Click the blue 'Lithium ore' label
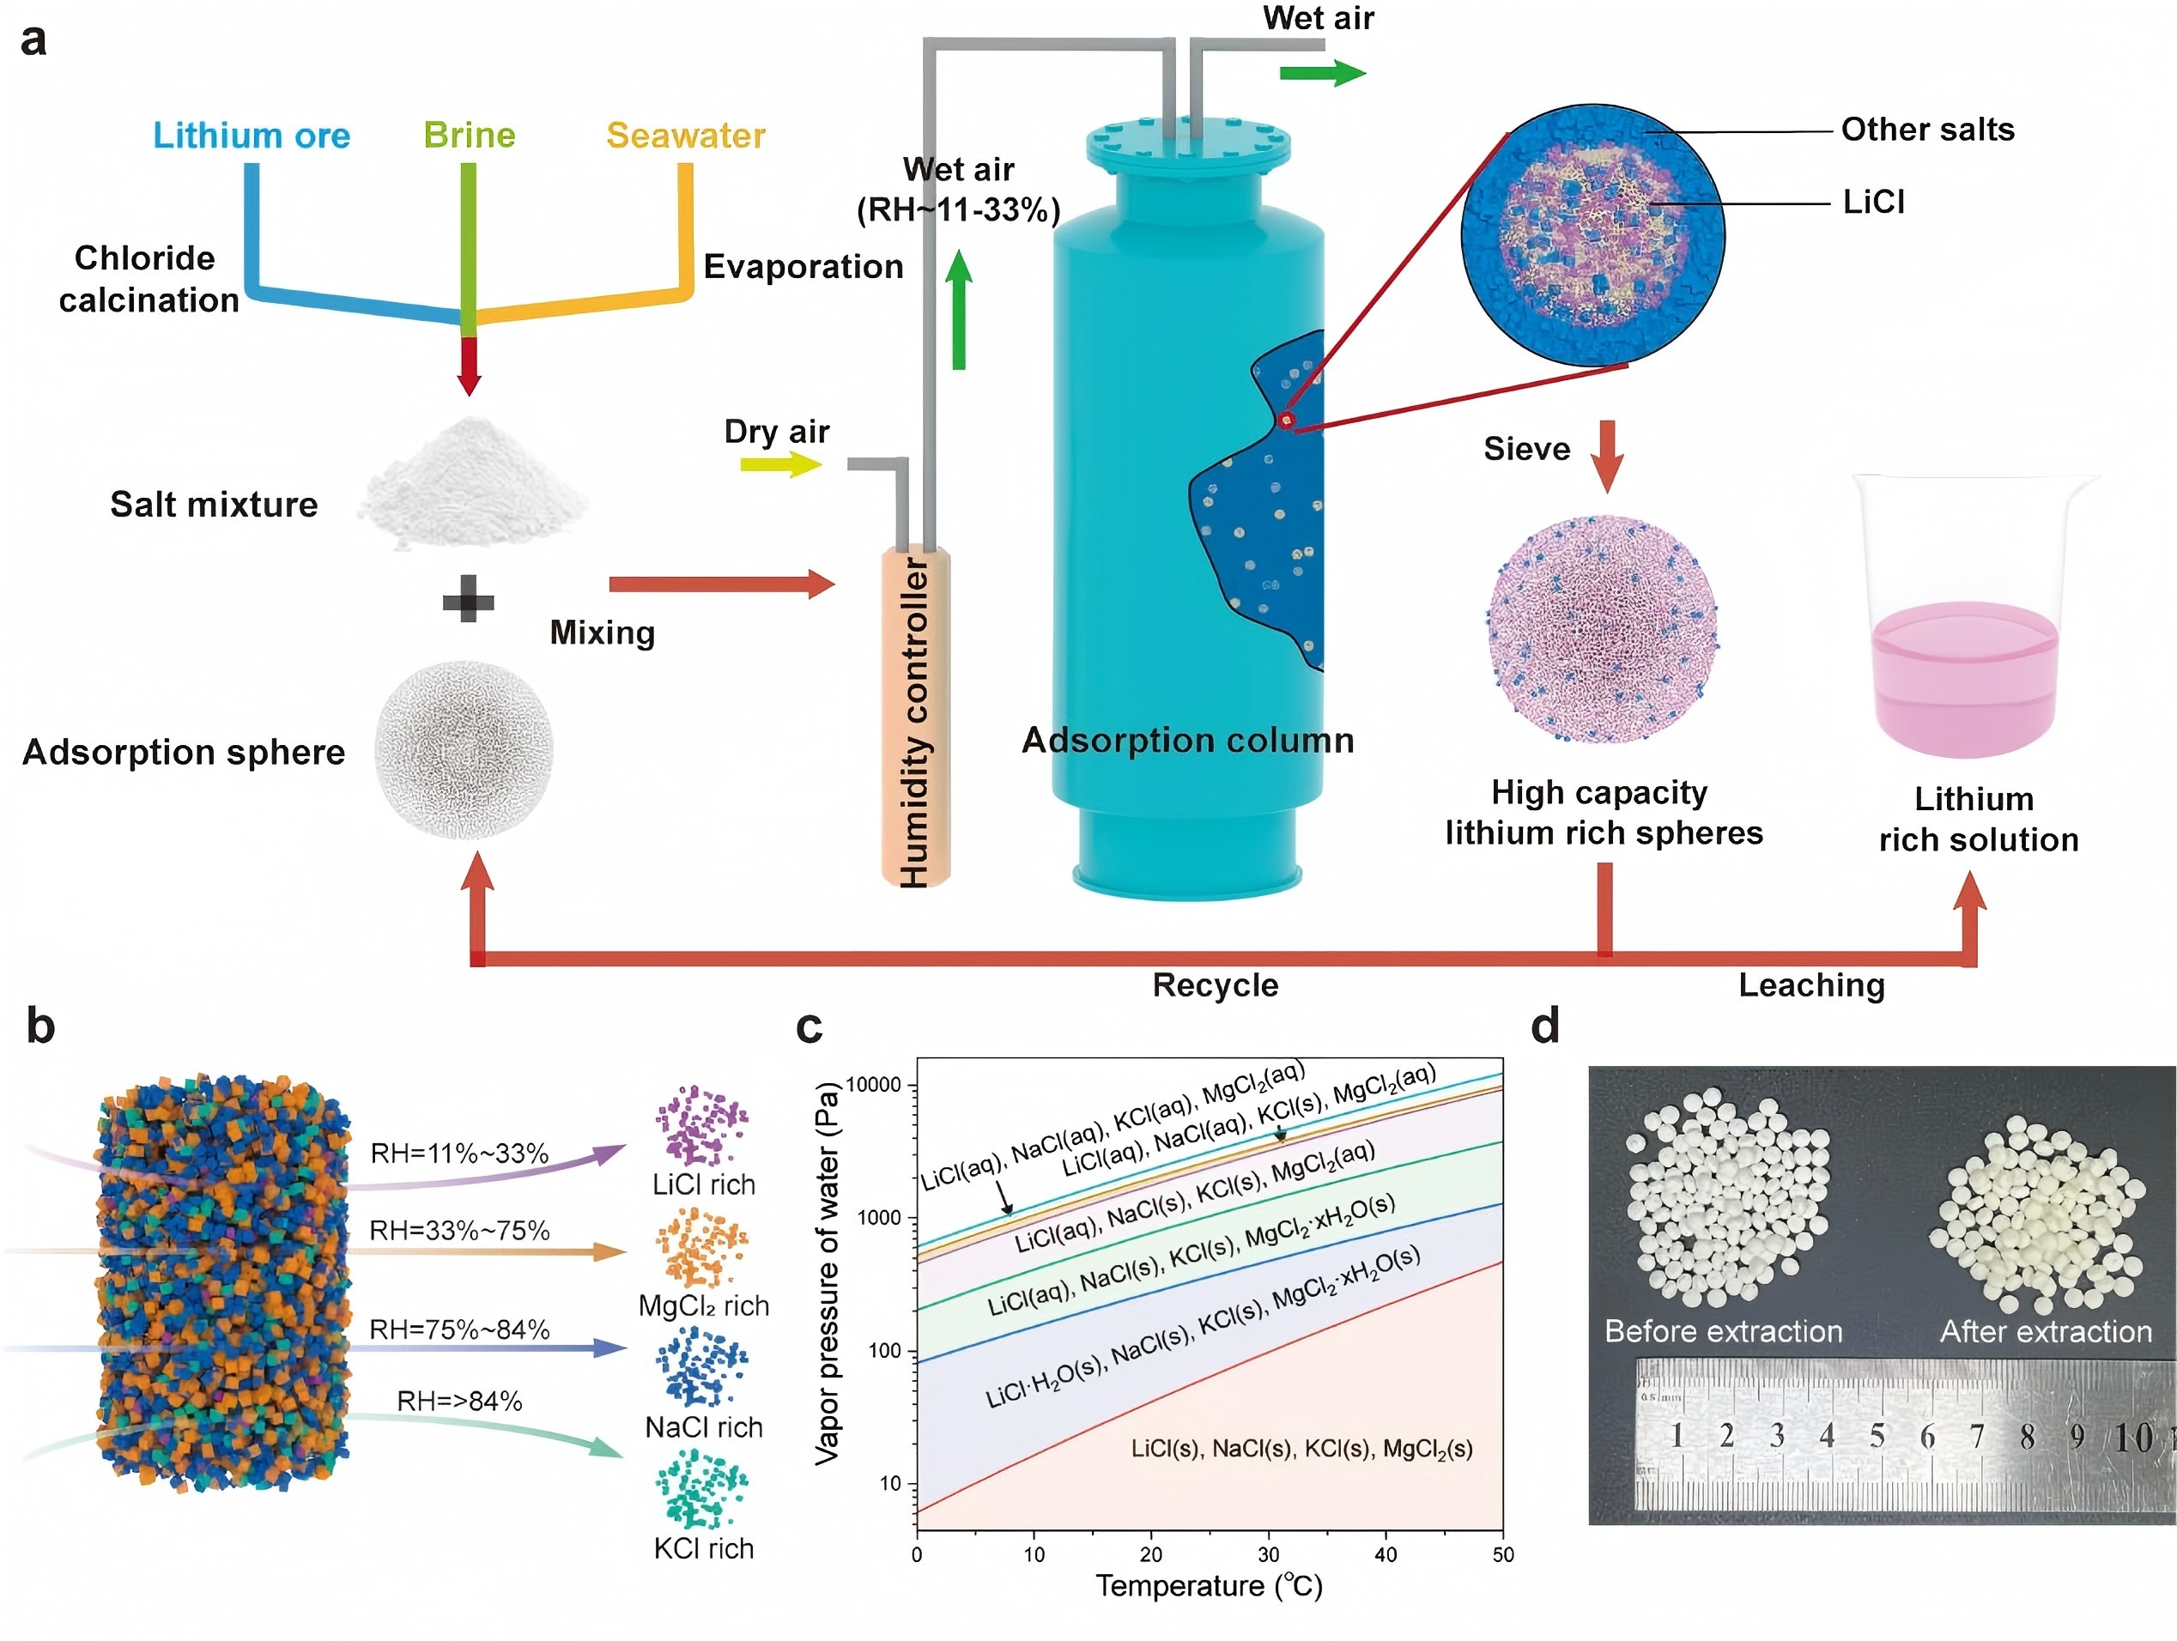[x=251, y=135]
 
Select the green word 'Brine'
[x=470, y=135]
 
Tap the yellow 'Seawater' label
[x=685, y=135]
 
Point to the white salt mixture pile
[x=473, y=483]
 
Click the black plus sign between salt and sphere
[x=469, y=598]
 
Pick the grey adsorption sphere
[x=464, y=749]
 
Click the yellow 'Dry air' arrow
[x=780, y=463]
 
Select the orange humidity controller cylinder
[x=915, y=718]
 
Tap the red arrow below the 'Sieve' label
[x=1606, y=455]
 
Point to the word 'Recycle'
[x=1216, y=984]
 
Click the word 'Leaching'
[x=1811, y=984]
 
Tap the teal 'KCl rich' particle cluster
[x=701, y=1491]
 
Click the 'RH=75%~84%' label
[x=458, y=1329]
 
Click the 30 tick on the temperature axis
[x=1269, y=1555]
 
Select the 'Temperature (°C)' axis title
[x=1209, y=1587]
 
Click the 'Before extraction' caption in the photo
[x=1723, y=1331]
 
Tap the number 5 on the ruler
[x=1877, y=1437]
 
